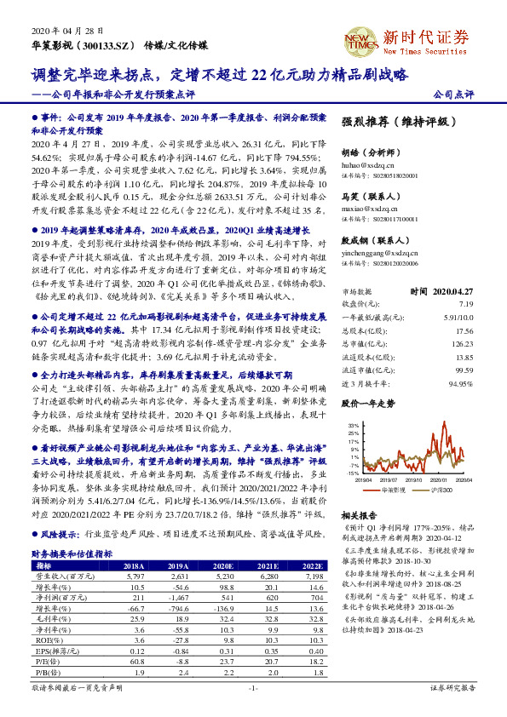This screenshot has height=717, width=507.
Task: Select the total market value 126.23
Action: (460, 343)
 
